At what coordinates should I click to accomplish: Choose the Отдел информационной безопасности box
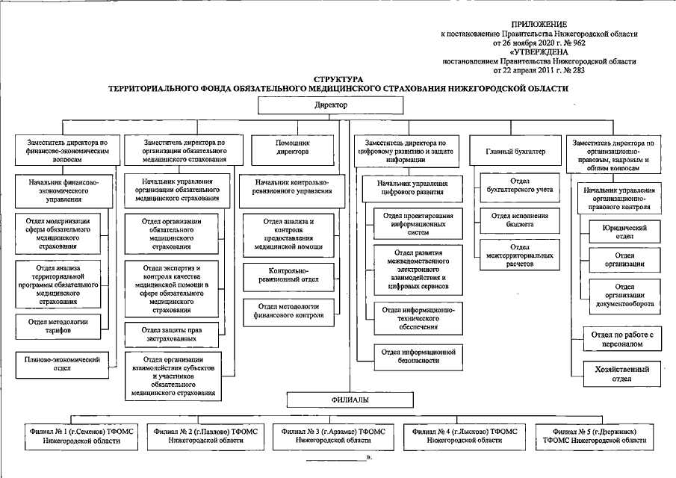tap(418, 355)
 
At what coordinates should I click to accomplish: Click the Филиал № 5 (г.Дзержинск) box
tap(593, 436)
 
